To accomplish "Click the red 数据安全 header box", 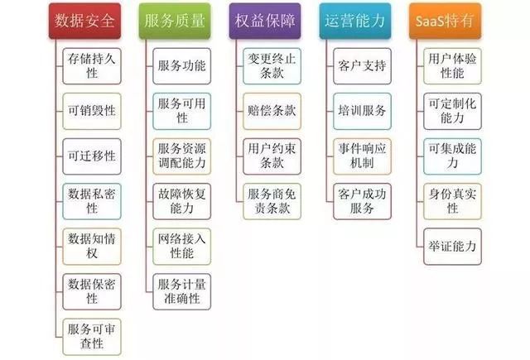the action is point(84,21).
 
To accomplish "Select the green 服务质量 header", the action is point(175,21).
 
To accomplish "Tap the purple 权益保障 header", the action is point(265,21).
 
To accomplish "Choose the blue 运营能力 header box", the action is point(355,21).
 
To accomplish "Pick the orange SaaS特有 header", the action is point(446,21).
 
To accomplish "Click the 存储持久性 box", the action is point(92,66).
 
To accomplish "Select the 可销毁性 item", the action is point(92,111).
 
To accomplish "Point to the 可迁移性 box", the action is point(92,156).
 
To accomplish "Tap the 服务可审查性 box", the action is point(92,337).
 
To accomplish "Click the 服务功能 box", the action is point(182,66).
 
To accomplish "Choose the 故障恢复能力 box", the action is point(182,201).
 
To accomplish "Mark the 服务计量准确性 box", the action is point(182,291).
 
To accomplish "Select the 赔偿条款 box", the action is point(272,111).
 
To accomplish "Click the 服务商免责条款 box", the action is point(272,201).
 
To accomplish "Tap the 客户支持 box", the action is point(362,66).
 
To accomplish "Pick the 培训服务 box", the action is point(362,111).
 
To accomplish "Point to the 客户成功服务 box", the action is point(362,201).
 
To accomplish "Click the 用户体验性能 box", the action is point(452,66).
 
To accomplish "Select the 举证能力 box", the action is point(452,246).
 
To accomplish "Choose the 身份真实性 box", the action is point(452,201).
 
